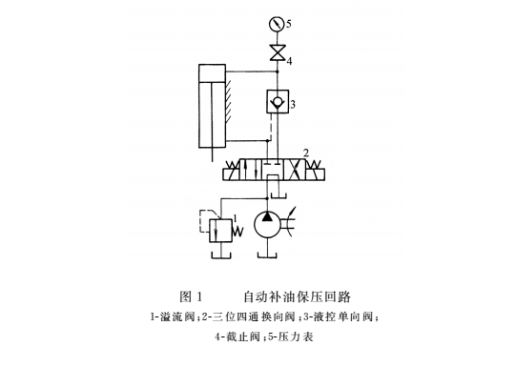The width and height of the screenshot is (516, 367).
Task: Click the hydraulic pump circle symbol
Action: (x=270, y=224)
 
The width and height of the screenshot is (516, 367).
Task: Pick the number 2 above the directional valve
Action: (x=305, y=152)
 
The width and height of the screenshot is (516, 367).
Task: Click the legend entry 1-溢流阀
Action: (x=172, y=316)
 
